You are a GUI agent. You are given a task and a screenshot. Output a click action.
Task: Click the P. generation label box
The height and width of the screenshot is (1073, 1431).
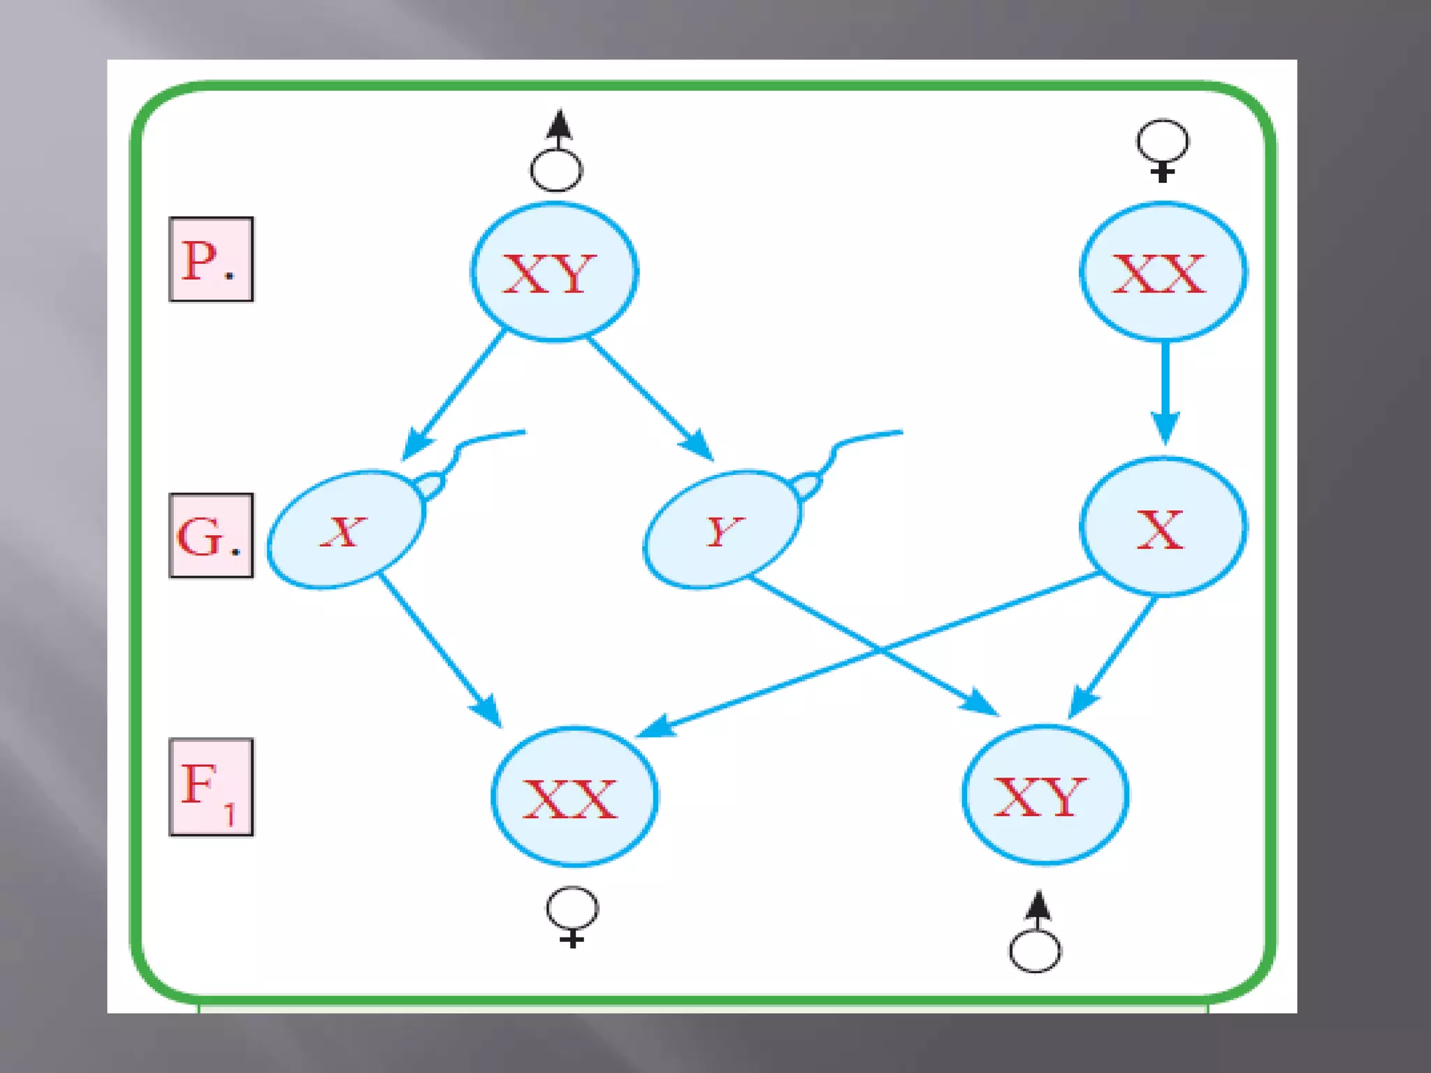click(x=211, y=259)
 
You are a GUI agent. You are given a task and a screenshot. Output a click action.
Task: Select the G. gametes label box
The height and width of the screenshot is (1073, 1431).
click(x=211, y=536)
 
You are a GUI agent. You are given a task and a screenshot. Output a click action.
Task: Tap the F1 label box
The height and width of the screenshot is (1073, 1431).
click(x=211, y=787)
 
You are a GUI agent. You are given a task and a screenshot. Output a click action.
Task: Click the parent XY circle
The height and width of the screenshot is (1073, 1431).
click(x=554, y=272)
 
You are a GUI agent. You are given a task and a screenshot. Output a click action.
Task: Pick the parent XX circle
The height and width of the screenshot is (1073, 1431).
click(x=1163, y=272)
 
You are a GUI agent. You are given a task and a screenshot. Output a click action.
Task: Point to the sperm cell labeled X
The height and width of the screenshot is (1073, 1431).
click(x=345, y=530)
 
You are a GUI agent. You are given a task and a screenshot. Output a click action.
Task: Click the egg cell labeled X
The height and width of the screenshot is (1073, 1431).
click(x=1163, y=527)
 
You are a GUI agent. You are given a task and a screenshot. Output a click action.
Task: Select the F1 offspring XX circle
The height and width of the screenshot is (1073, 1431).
click(x=574, y=796)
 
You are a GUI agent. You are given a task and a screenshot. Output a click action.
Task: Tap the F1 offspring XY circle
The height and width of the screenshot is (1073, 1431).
click(x=1045, y=795)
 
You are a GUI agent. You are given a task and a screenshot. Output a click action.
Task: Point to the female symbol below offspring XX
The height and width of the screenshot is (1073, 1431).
click(x=572, y=916)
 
